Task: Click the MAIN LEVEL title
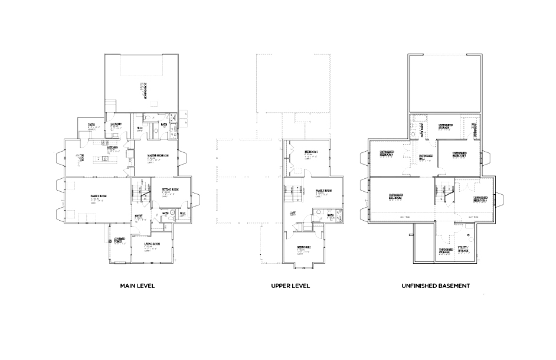pos(138,286)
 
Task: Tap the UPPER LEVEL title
pos(290,286)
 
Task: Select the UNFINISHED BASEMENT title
pos(436,286)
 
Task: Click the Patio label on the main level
pos(92,125)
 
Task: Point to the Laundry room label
pos(116,124)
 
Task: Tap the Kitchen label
pos(112,148)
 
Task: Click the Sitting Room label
pos(170,189)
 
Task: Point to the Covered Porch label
pos(119,240)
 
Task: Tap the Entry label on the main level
pos(139,215)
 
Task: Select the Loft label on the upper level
pos(292,212)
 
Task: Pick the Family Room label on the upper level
pos(323,191)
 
